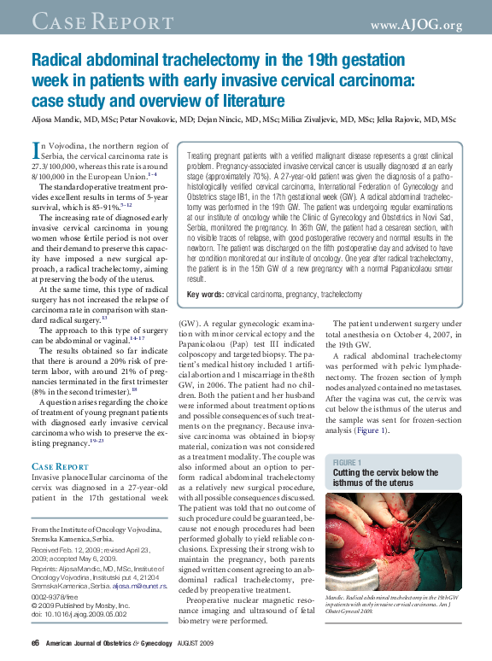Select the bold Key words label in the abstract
[205, 294]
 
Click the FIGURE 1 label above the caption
[348, 461]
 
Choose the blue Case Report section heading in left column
[60, 466]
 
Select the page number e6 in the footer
[35, 643]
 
